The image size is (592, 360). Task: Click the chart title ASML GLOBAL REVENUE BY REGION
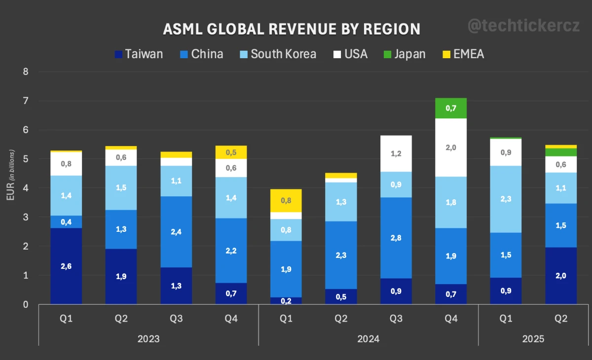tap(292, 29)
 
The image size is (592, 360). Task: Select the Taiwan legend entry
tap(139, 54)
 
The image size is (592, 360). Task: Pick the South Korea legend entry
tap(277, 54)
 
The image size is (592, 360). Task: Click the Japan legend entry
tap(404, 54)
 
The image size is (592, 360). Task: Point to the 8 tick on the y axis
tap(26, 72)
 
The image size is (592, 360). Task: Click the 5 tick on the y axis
tap(26, 159)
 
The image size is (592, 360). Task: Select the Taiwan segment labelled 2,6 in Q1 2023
tap(66, 266)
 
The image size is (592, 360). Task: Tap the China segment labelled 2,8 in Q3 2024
tap(396, 238)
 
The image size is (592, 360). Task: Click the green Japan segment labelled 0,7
tap(451, 108)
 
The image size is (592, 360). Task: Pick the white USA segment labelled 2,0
tap(451, 147)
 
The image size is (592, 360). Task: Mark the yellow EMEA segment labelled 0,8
tap(286, 200)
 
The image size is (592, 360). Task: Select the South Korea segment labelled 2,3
tap(506, 199)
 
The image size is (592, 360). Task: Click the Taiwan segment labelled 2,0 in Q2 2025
tap(561, 276)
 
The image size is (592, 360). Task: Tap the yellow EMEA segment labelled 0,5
tap(231, 152)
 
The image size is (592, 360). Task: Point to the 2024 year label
tap(369, 339)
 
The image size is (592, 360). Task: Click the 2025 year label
tap(533, 339)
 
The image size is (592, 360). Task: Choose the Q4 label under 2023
tap(231, 319)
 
